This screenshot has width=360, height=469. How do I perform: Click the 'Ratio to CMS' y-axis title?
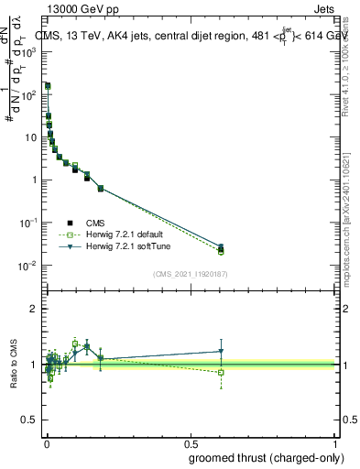pos(15,365)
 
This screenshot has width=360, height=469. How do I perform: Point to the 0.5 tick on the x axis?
pos(191,444)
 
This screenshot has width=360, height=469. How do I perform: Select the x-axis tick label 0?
pos(47,444)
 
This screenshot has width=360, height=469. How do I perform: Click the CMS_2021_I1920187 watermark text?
pos(191,274)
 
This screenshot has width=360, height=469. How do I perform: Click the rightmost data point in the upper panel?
pos(221,249)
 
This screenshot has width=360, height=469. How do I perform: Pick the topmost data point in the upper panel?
pos(48,85)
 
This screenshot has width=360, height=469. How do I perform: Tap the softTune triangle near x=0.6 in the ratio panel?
pos(221,351)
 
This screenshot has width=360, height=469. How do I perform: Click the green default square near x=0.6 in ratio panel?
pos(221,372)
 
